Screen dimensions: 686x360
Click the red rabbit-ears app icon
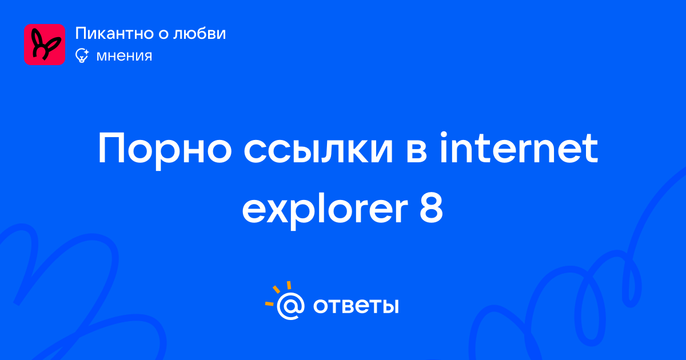point(45,45)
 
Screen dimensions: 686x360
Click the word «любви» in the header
point(200,33)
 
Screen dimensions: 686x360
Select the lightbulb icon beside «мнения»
point(82,55)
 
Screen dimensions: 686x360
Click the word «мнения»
point(124,56)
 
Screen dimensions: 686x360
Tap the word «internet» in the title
point(519,147)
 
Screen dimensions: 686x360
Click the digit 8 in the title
point(431,209)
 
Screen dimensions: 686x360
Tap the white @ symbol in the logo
point(290,306)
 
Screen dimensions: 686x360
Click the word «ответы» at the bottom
point(356,306)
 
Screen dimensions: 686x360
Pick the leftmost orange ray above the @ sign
point(269,304)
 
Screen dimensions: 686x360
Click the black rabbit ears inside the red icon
point(45,45)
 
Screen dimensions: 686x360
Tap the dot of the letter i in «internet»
point(444,135)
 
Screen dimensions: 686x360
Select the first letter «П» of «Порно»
point(111,149)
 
